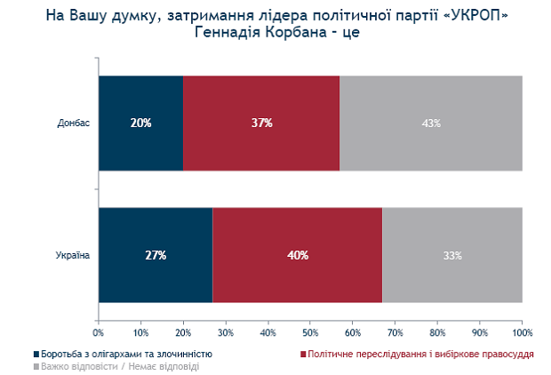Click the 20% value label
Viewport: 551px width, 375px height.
[140, 123]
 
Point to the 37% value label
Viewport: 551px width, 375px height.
[261, 123]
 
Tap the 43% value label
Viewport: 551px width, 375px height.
[432, 123]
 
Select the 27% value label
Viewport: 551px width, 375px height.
[156, 256]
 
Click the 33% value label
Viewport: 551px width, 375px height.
[452, 256]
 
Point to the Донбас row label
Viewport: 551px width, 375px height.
[74, 123]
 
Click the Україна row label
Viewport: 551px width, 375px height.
[74, 256]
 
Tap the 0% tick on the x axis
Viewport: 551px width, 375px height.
[99, 332]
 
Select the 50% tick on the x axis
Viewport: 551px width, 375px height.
[310, 332]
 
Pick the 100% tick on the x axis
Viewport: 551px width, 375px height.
[522, 332]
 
